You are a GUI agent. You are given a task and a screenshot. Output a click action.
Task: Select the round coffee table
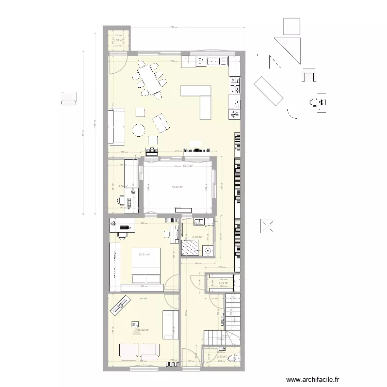tap(139, 130)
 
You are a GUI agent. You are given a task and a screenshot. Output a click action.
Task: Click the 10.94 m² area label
tap(178, 187)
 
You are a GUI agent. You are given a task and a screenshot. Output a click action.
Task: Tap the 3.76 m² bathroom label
tap(196, 238)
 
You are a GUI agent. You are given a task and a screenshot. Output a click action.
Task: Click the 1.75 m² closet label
tap(223, 283)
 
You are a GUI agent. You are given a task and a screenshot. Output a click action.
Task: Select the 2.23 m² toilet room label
tap(221, 356)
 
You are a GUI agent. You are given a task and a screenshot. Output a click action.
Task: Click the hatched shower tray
tap(190, 248)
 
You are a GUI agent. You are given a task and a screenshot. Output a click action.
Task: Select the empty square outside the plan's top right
tap(292, 26)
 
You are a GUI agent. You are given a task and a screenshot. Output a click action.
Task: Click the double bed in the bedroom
tap(147, 266)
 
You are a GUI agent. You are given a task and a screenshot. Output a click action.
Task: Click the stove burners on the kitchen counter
tap(235, 85)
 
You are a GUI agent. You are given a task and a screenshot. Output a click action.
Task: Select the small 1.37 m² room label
tap(118, 41)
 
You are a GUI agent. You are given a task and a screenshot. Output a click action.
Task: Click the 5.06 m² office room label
tap(122, 187)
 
